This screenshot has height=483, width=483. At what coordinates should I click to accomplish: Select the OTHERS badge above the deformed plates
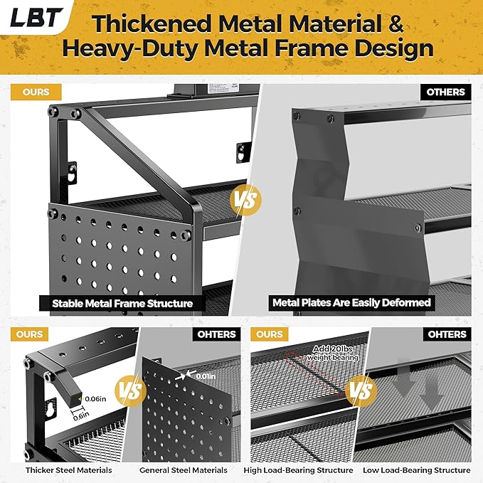(x=445, y=92)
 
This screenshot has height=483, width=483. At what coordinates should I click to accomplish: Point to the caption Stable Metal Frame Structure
(x=122, y=303)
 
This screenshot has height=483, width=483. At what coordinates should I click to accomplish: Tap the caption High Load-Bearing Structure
(x=307, y=470)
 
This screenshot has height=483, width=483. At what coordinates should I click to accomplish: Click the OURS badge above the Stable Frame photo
(x=36, y=92)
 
